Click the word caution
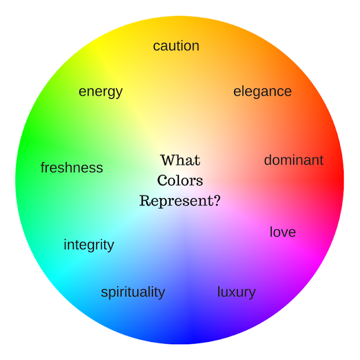click(x=176, y=46)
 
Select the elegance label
click(x=262, y=92)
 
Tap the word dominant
click(x=294, y=160)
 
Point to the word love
click(x=282, y=232)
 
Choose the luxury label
click(x=236, y=292)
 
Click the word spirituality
click(x=133, y=292)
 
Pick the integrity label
click(x=89, y=245)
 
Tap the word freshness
click(x=71, y=168)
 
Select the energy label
click(x=101, y=92)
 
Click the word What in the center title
click(x=180, y=160)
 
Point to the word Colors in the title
click(x=180, y=181)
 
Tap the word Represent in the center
click(x=175, y=201)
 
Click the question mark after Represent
click(x=217, y=200)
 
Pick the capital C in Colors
click(x=163, y=181)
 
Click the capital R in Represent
click(x=145, y=200)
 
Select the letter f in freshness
click(x=43, y=167)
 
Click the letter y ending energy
click(x=119, y=93)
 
